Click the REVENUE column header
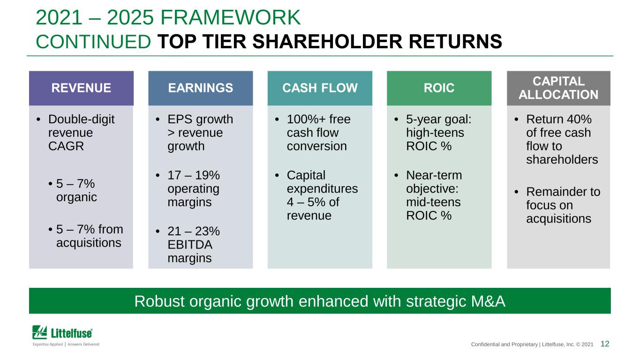81,88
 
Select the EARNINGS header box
201,88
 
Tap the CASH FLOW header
320,88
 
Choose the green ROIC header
439,88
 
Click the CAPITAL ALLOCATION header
558,88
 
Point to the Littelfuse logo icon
39,332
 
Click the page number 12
605,344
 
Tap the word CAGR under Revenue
66,146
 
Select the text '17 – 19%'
194,175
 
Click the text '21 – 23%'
194,231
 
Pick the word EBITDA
190,245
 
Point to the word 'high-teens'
435,133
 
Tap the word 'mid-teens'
433,202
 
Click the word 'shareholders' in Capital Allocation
562,160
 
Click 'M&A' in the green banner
488,301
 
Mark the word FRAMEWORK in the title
230,17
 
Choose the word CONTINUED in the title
93,42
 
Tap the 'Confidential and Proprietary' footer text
504,345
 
